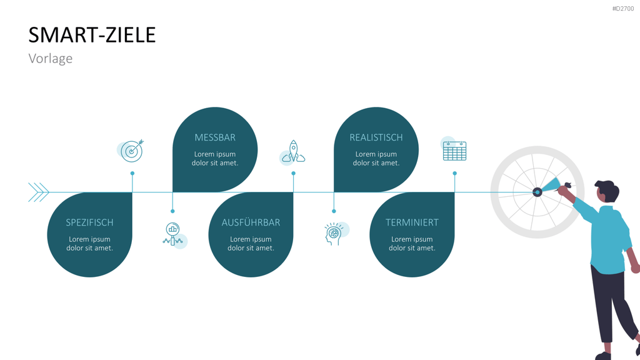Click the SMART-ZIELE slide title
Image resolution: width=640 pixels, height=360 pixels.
(x=92, y=35)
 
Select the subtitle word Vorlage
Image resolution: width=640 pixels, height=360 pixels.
(x=51, y=58)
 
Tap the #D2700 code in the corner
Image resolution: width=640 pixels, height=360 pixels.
(x=623, y=9)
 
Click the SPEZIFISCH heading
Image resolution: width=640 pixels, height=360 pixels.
(x=89, y=222)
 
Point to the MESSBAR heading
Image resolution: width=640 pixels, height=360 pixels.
(x=215, y=137)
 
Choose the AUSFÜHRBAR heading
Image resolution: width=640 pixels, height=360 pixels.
(x=251, y=222)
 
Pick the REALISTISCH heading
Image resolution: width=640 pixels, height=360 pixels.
(x=376, y=137)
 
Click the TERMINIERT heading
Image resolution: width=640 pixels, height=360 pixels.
(x=412, y=222)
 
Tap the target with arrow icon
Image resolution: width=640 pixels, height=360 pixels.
(x=132, y=151)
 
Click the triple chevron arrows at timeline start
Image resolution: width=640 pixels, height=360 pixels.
(x=38, y=192)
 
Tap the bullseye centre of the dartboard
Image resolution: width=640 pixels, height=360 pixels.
(x=537, y=192)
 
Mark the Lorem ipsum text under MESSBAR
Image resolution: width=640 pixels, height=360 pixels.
(x=215, y=158)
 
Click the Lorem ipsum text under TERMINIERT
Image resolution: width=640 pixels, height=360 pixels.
(x=412, y=243)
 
